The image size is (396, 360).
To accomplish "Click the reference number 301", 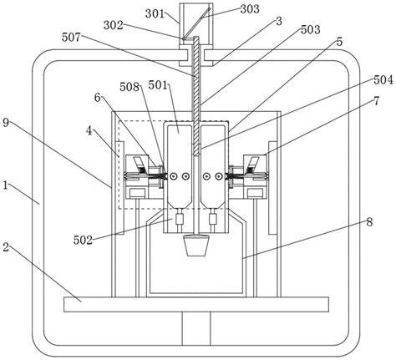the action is tap(155, 13).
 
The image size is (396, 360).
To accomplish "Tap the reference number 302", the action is tap(114, 25).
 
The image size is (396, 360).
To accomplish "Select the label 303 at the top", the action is tap(250, 9).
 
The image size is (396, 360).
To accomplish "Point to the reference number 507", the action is tap(71, 37).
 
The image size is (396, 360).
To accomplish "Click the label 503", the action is tap(311, 29).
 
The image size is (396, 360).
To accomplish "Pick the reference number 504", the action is tap(383, 80).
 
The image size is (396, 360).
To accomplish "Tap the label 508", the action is tap(129, 87).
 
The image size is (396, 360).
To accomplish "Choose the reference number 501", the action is tap(158, 85).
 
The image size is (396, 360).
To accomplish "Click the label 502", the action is tap(83, 240).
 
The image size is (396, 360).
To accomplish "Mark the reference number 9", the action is tap(6, 123).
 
